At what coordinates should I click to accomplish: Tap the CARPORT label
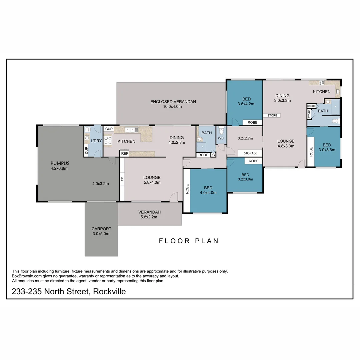101,229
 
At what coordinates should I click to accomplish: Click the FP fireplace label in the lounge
122,179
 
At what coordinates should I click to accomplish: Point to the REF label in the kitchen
125,154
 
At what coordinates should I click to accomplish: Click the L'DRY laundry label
96,141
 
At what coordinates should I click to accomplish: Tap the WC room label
221,138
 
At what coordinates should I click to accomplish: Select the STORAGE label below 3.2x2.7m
250,153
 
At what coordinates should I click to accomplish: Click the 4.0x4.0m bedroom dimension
208,192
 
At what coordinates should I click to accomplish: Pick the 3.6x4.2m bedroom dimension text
246,104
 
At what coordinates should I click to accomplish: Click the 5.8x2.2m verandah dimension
149,217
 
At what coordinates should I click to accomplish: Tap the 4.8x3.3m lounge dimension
286,146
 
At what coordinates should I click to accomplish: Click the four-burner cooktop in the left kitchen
108,141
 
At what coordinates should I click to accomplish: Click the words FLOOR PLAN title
189,241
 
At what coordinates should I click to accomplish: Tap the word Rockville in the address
109,291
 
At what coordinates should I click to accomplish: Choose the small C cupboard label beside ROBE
213,155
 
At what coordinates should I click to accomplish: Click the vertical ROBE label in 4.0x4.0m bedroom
187,189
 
